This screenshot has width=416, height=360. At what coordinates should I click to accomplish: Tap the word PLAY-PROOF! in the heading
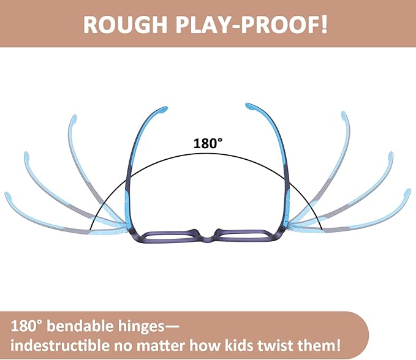pos(251,24)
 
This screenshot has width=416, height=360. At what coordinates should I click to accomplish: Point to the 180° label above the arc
pos(208,143)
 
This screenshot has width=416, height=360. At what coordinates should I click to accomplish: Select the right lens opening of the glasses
pos(243,235)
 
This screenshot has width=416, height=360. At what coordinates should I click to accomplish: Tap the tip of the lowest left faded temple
pos(8,195)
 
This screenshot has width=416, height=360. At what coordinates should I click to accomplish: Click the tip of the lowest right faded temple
pos(407,193)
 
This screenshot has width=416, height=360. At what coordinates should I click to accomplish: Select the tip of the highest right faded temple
pos(344,114)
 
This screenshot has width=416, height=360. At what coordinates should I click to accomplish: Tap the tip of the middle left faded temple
pos(26,154)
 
